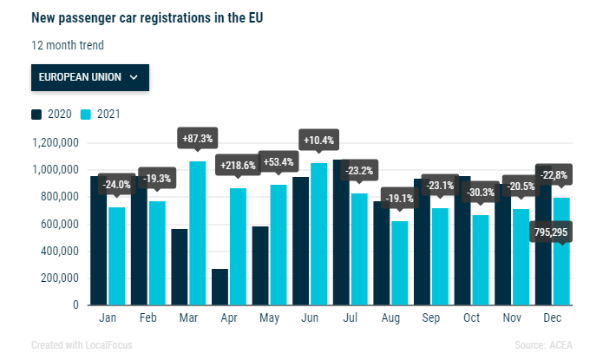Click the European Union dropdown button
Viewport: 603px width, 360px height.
pos(89,76)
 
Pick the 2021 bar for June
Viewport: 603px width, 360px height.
pos(318,233)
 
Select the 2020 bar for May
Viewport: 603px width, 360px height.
pos(260,265)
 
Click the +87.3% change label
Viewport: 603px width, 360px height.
pos(197,138)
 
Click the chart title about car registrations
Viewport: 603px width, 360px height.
pos(147,17)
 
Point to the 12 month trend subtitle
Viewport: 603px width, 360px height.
pos(68,45)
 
